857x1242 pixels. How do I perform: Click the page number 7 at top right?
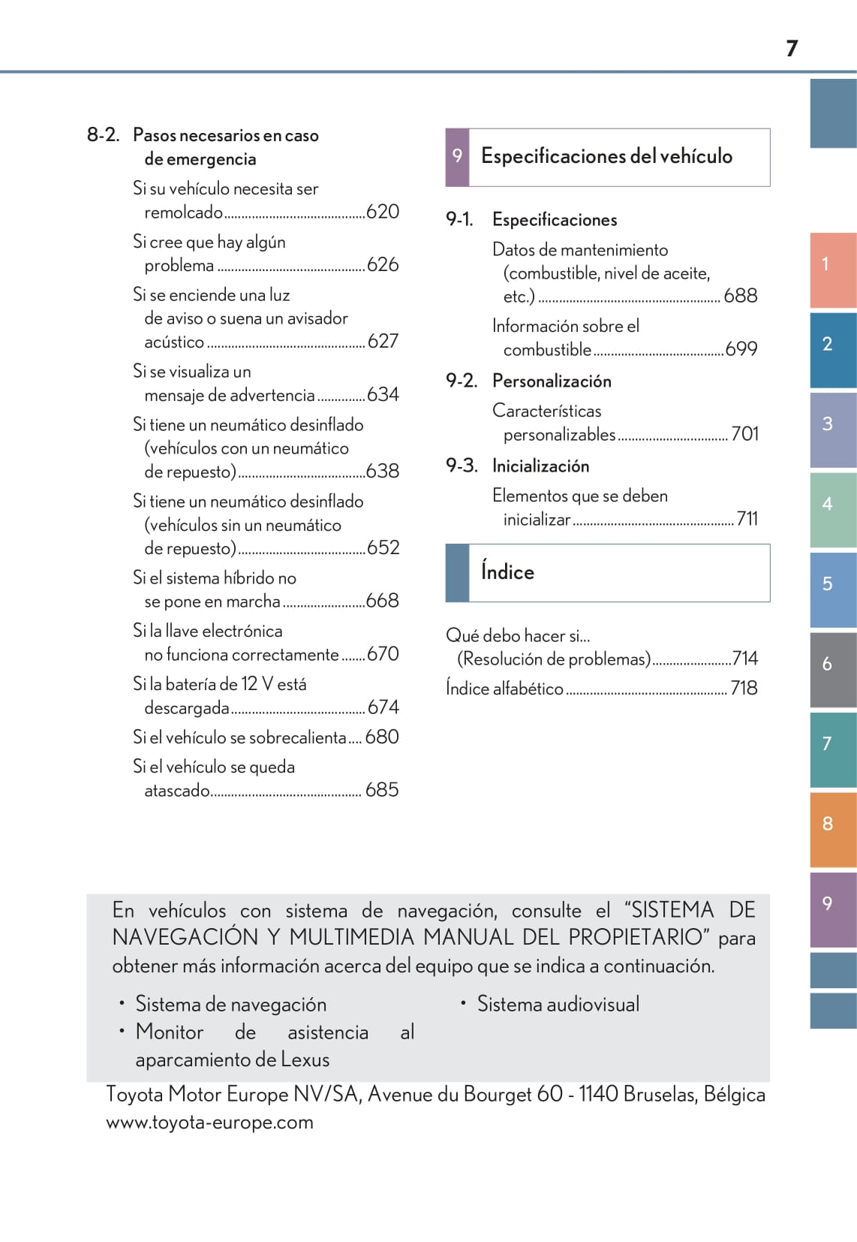click(x=792, y=49)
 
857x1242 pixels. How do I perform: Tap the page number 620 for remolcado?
click(x=383, y=212)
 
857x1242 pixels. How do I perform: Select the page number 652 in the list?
click(x=383, y=547)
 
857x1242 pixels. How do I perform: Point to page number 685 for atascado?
click(x=382, y=790)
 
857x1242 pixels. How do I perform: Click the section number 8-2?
click(x=103, y=135)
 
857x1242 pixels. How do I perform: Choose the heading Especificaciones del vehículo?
click(x=606, y=156)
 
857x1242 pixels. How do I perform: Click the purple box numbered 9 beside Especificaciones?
click(x=457, y=156)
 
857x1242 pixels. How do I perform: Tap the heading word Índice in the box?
click(x=507, y=572)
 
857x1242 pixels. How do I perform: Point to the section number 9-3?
click(x=462, y=466)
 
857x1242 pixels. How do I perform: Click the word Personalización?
click(x=552, y=381)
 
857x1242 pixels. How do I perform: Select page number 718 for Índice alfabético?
click(x=744, y=688)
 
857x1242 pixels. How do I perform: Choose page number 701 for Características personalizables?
click(x=744, y=434)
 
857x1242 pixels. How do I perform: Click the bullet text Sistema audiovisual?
click(x=558, y=1005)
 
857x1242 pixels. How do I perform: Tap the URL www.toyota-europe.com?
click(x=210, y=1123)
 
